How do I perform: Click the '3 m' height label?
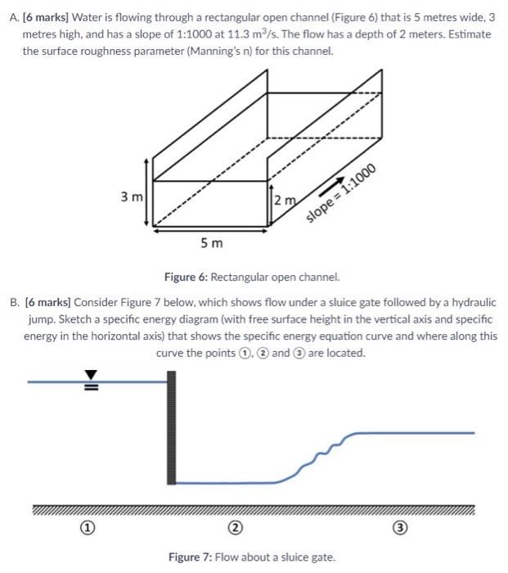(132, 197)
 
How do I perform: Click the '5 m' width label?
(209, 244)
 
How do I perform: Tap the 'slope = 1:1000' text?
(341, 193)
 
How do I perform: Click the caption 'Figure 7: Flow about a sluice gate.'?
(252, 557)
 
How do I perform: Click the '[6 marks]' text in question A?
(52, 19)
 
